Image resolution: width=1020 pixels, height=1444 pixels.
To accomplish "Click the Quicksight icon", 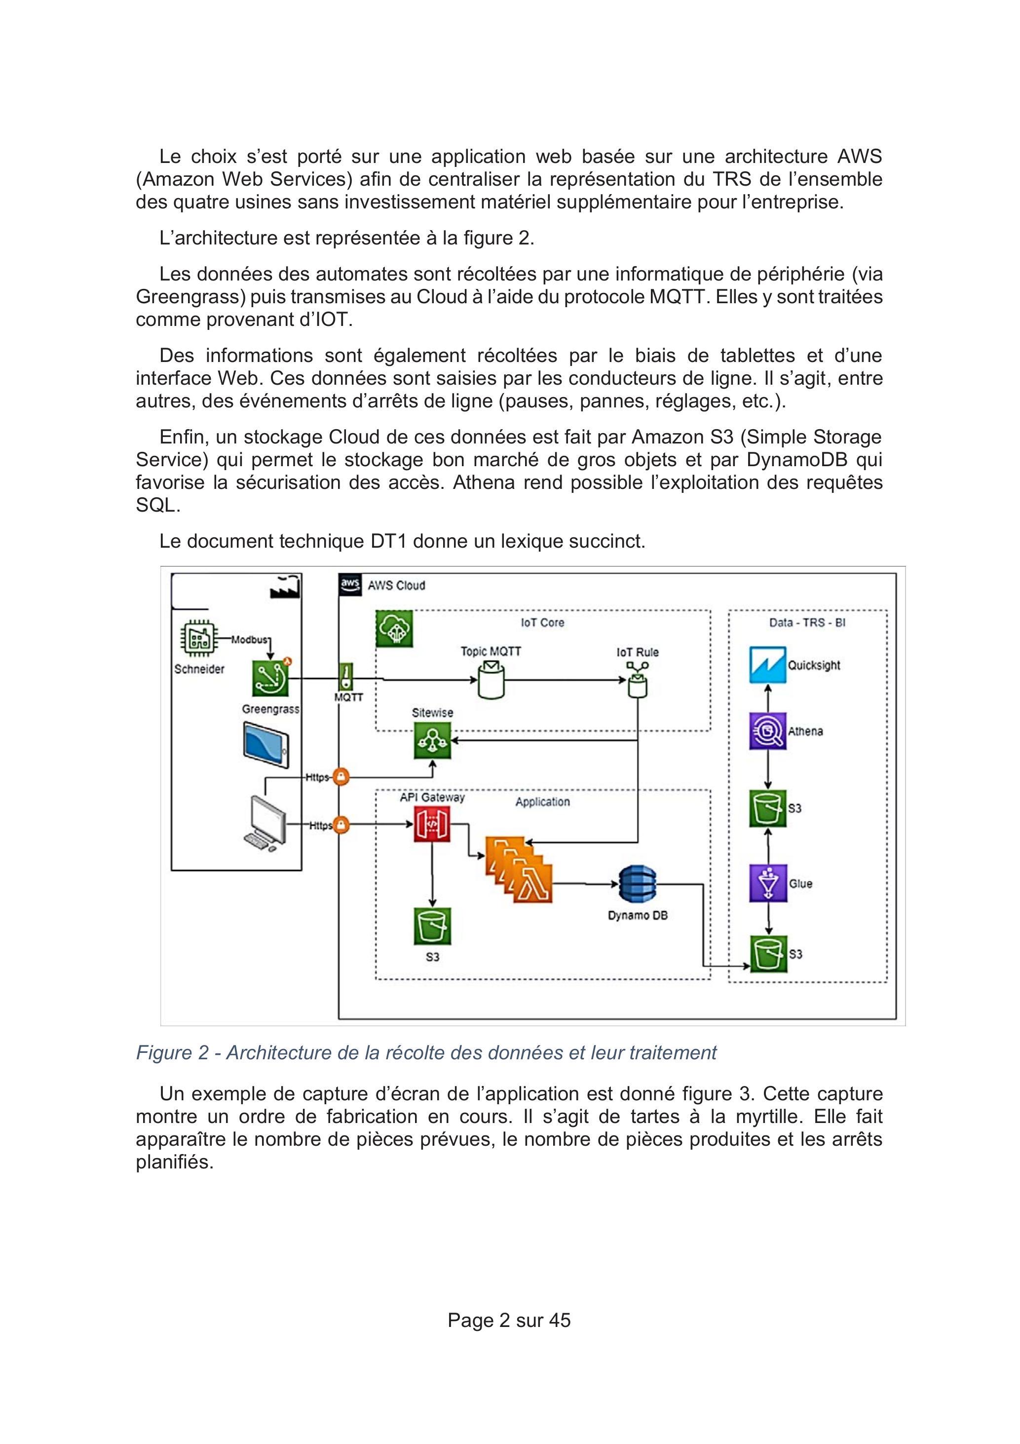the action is tap(767, 665).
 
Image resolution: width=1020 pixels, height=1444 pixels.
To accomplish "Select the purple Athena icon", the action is tap(767, 731).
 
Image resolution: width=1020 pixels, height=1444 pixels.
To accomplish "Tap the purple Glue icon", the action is tap(767, 883).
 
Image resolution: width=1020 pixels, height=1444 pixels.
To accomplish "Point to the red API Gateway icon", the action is tap(432, 824).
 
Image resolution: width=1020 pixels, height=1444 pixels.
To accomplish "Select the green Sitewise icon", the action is tap(432, 740).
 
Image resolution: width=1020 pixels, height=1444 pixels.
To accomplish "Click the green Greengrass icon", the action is tap(271, 678).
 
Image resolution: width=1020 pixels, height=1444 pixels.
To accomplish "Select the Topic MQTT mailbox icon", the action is tap(491, 679).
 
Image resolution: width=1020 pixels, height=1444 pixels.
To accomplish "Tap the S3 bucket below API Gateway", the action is tap(432, 926).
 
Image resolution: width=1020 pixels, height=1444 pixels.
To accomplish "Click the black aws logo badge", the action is tap(350, 584).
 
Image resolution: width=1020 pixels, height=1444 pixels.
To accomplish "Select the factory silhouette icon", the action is tap(285, 587).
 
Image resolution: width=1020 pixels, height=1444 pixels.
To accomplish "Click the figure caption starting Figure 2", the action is tap(426, 1053).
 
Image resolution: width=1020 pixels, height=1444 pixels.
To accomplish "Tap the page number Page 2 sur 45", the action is tap(509, 1320).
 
